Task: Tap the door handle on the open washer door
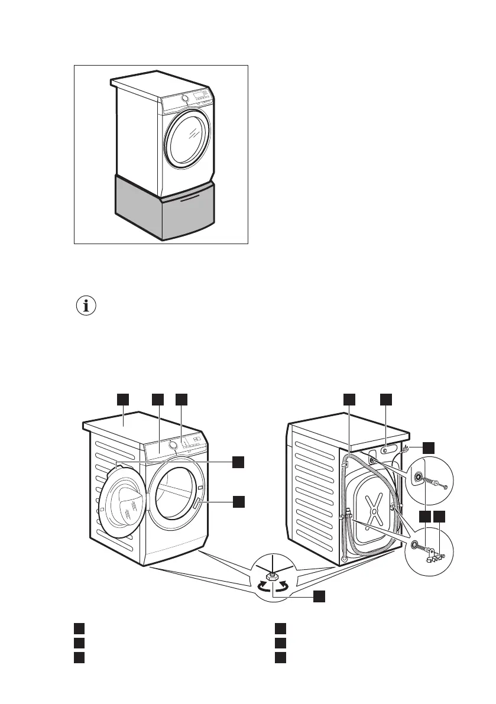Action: tap(197, 504)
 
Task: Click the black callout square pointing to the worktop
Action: tap(122, 399)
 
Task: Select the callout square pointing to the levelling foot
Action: tap(319, 595)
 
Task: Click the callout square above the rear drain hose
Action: tap(349, 399)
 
